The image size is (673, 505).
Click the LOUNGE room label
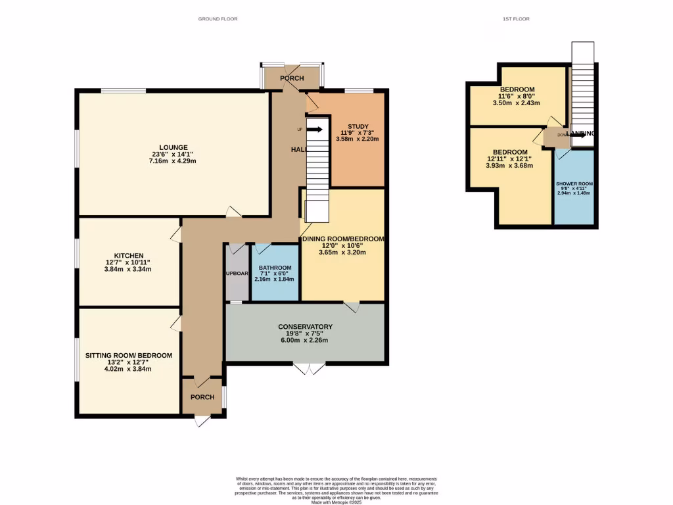174,147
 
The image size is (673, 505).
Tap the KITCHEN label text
129,255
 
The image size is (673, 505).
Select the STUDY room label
358,126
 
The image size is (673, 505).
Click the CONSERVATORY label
305,327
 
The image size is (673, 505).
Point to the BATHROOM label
275,268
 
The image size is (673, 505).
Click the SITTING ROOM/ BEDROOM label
129,355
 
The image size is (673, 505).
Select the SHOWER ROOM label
574,184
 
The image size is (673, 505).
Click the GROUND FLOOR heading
218,19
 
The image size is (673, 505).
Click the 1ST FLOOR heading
516,19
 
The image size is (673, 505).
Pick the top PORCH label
292,78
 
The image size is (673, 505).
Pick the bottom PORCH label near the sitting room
202,397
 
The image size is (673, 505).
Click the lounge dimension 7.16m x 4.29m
174,161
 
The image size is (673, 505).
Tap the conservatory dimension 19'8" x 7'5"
305,333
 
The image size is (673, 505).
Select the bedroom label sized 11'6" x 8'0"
517,89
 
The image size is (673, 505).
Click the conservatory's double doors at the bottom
309,368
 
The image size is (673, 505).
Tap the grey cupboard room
236,273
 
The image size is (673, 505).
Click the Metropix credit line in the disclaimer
336,502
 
